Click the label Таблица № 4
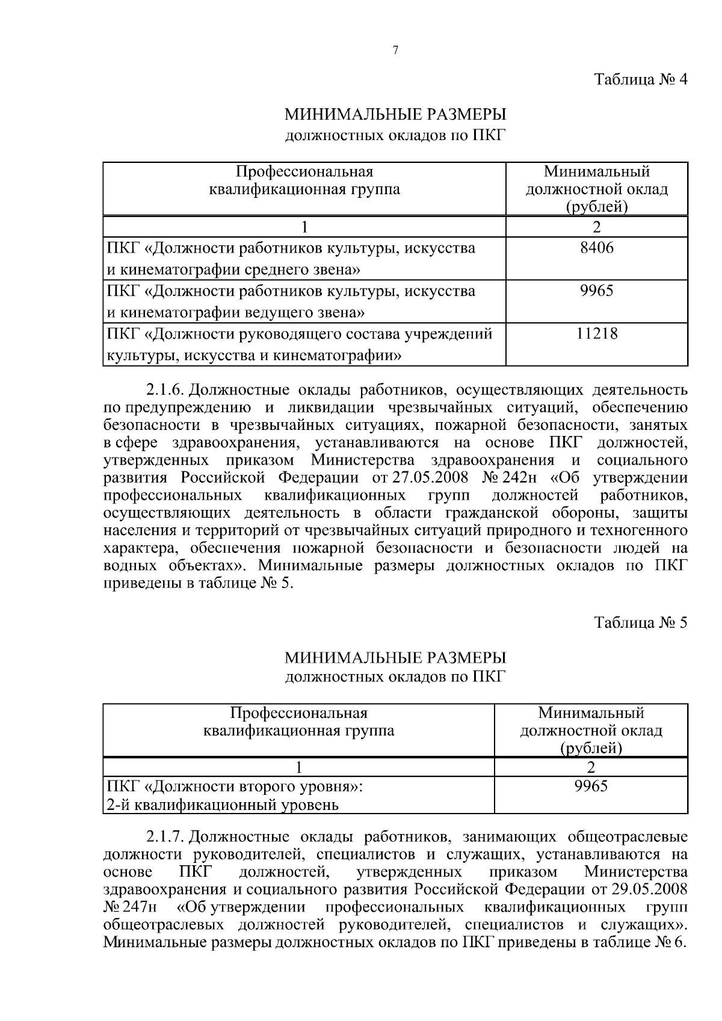point(640,80)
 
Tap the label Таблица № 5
point(640,622)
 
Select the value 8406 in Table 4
point(596,248)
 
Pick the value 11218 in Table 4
point(596,334)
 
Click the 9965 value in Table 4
point(596,291)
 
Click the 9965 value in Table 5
point(591,786)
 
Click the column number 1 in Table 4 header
point(304,227)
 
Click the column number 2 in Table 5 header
point(591,767)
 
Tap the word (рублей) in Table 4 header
point(596,208)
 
